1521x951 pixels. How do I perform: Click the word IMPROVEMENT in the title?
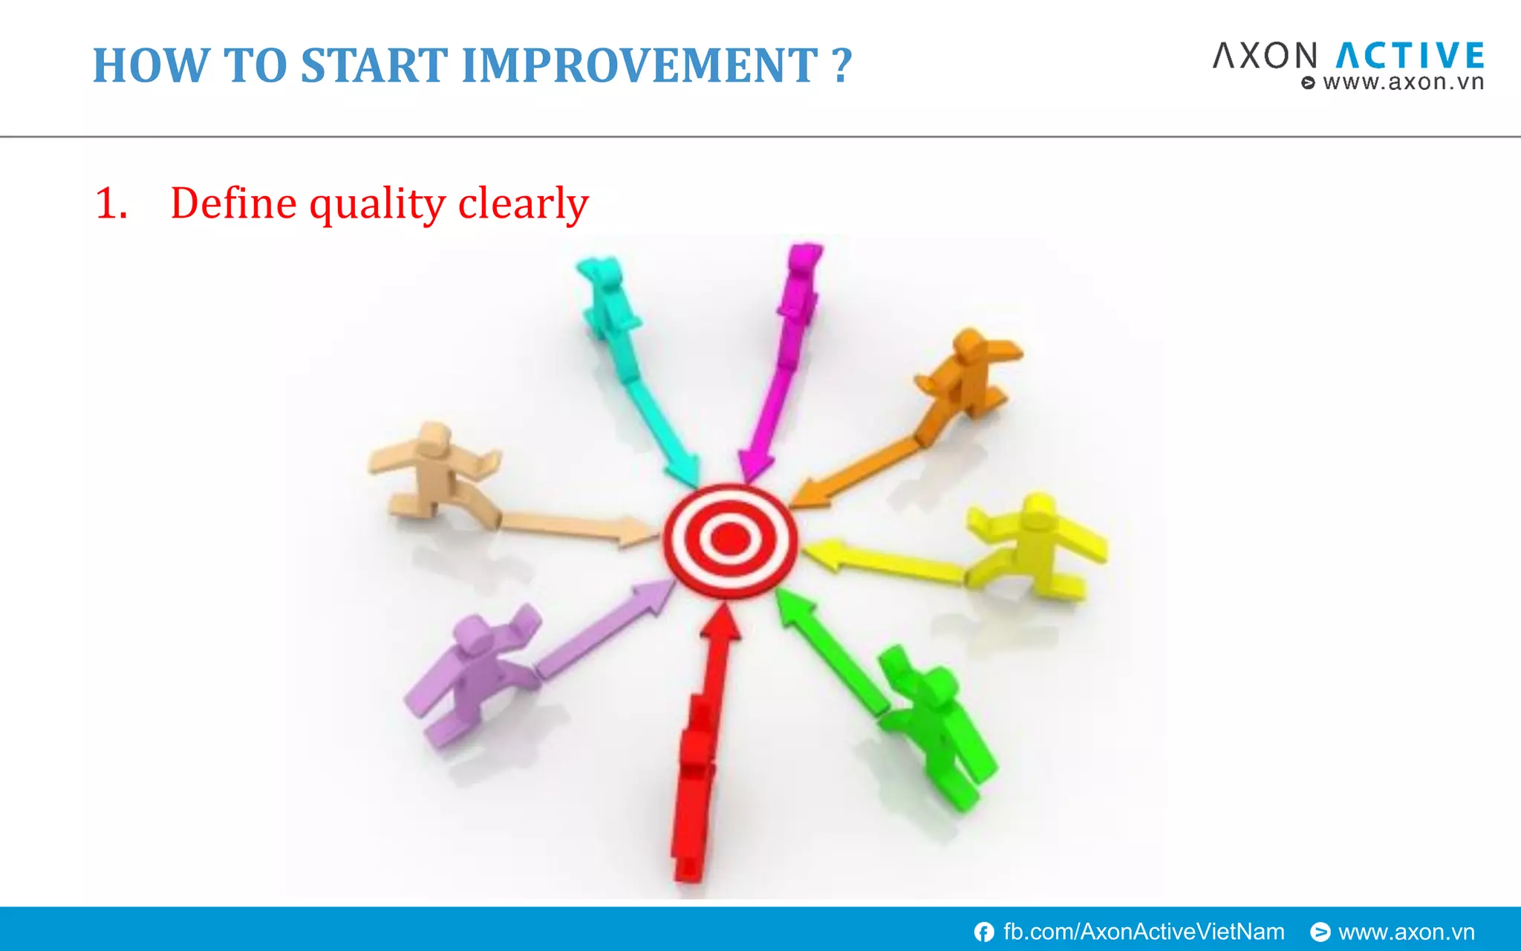tap(639, 65)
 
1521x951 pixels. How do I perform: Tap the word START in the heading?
tap(374, 65)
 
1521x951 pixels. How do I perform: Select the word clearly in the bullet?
tap(524, 203)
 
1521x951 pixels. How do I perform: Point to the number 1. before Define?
tap(111, 204)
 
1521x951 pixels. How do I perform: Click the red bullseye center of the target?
tap(730, 539)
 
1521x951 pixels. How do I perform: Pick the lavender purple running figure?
tap(472, 672)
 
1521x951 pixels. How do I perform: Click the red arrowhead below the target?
tap(720, 623)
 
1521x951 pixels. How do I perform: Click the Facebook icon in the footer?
tap(984, 932)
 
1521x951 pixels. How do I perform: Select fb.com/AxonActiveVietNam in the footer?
tap(1144, 932)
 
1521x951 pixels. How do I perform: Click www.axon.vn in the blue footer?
tap(1406, 932)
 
